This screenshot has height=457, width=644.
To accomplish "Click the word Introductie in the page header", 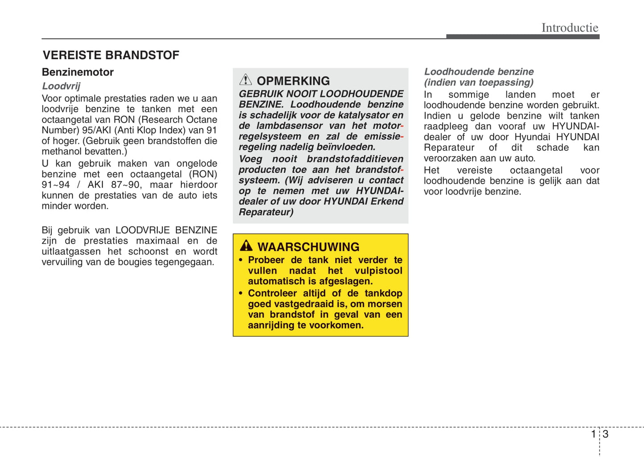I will (570, 28).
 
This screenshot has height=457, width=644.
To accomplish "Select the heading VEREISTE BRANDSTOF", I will (111, 55).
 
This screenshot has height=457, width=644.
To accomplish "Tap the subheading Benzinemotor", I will (78, 72).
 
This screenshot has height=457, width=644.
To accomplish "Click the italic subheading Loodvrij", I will (61, 86).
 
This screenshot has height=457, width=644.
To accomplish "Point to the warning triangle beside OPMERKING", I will (246, 80).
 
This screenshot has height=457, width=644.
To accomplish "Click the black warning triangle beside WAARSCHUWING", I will (246, 245).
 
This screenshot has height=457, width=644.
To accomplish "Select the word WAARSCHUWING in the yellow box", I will (308, 247).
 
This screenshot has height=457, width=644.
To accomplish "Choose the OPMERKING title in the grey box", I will (293, 81).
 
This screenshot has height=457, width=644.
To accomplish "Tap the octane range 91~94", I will (56, 185).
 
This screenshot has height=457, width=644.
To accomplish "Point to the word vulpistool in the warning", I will (378, 271).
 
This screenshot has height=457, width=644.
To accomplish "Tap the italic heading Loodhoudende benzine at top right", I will (479, 72).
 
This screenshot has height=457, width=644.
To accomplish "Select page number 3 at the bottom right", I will (606, 434).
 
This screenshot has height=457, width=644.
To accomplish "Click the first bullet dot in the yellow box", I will (241, 260).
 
